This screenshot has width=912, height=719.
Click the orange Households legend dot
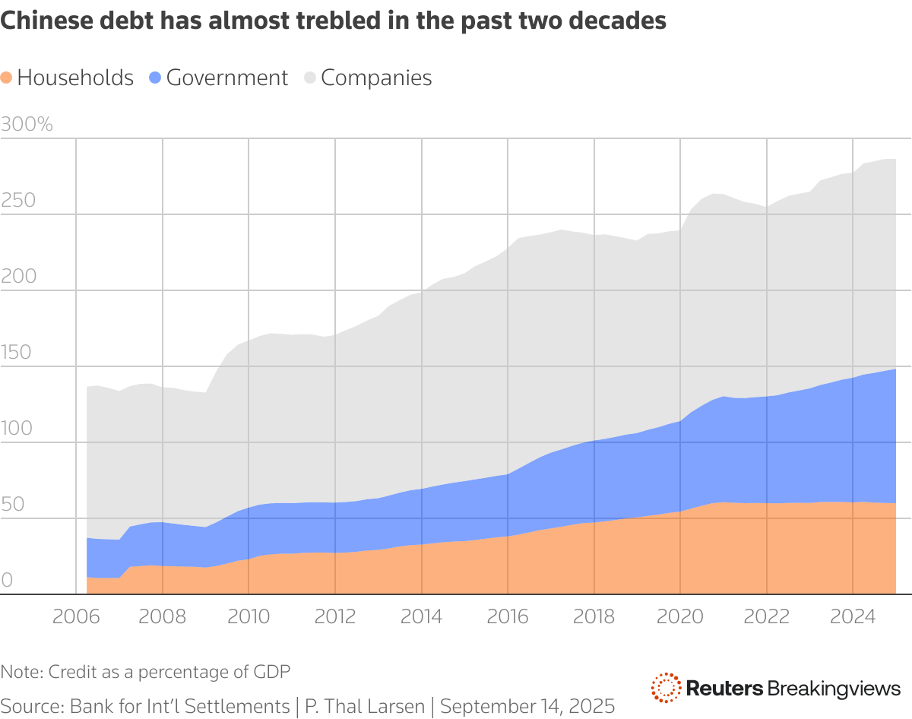click(x=7, y=78)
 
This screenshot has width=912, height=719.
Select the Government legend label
click(x=226, y=78)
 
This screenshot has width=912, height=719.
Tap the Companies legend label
click(x=376, y=78)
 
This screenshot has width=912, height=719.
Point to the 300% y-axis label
click(x=27, y=125)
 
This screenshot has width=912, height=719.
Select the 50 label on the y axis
click(x=13, y=505)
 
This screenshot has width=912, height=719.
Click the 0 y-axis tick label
click(x=8, y=581)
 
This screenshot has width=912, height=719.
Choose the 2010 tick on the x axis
click(x=249, y=616)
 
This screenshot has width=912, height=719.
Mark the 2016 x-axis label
click(x=508, y=616)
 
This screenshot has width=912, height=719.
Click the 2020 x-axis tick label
click(x=680, y=616)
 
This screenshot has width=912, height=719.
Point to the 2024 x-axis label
click(x=853, y=616)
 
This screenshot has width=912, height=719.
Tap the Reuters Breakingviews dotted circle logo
click(x=666, y=688)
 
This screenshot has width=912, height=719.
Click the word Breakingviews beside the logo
click(x=834, y=689)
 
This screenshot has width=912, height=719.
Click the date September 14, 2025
click(x=527, y=706)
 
